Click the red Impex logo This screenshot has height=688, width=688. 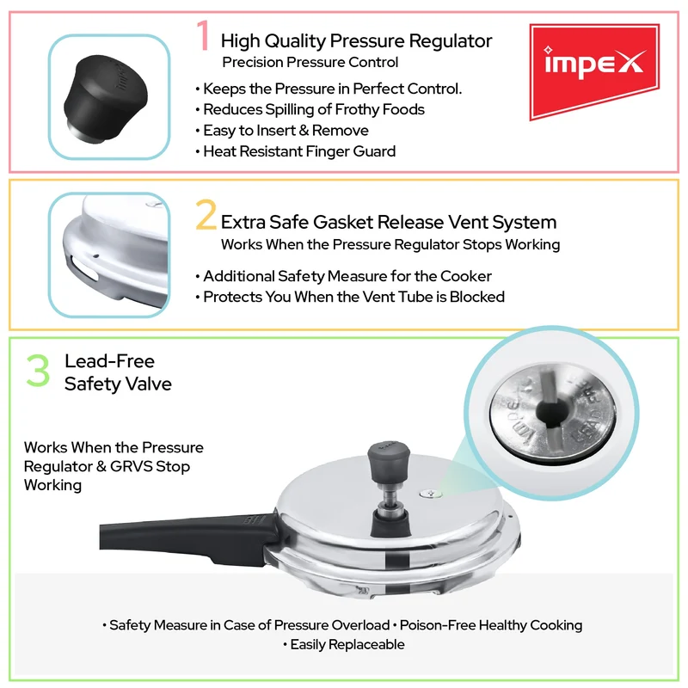pyautogui.click(x=594, y=71)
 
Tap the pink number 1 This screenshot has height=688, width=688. pyautogui.click(x=203, y=35)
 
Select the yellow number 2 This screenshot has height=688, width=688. pyautogui.click(x=206, y=214)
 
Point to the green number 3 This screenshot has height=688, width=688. pyautogui.click(x=38, y=371)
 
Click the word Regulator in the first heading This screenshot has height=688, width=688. pyautogui.click(x=450, y=40)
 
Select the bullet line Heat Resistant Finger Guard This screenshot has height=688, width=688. pyautogui.click(x=295, y=151)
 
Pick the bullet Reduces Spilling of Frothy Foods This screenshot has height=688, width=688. pyautogui.click(x=310, y=109)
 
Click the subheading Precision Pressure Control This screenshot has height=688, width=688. pyautogui.click(x=310, y=62)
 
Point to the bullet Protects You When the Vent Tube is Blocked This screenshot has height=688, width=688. pyautogui.click(x=350, y=297)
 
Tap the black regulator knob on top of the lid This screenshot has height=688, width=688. pyautogui.click(x=389, y=461)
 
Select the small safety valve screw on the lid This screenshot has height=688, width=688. pyautogui.click(x=431, y=494)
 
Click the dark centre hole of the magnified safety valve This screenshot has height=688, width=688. pyautogui.click(x=551, y=413)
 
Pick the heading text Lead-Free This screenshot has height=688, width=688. pyautogui.click(x=110, y=361)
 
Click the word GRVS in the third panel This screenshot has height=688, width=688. pyautogui.click(x=131, y=466)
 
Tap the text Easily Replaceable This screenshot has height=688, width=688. pyautogui.click(x=343, y=644)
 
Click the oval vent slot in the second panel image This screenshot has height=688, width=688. pyautogui.click(x=83, y=268)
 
